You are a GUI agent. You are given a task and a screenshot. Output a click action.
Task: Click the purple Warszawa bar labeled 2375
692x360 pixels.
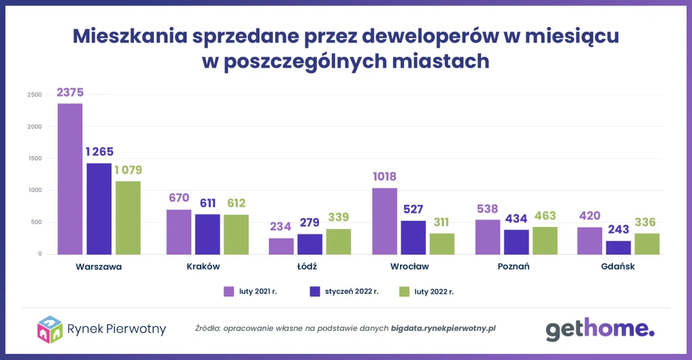70,179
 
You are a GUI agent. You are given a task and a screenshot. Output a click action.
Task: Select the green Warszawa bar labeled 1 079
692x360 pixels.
128,217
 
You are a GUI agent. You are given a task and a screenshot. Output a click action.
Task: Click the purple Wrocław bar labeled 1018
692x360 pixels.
385,221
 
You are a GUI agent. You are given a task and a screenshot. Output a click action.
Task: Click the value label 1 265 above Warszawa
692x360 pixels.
99,151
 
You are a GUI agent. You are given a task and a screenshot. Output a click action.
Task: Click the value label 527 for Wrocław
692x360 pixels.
414,208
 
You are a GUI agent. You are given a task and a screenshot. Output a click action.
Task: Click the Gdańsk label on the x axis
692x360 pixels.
618,266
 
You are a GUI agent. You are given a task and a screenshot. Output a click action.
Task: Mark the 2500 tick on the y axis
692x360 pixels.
34,95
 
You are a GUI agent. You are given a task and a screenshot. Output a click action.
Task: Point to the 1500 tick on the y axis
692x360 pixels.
34,159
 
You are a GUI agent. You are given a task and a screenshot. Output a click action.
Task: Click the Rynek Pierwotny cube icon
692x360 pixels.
50,329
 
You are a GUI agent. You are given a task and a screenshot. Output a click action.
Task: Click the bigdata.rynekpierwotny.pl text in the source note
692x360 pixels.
443,329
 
